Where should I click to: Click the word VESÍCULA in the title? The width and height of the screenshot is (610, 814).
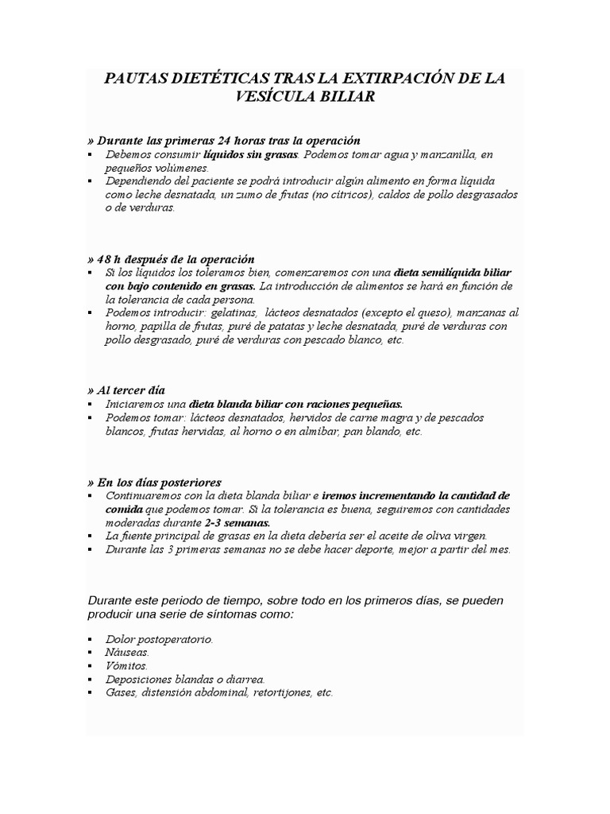[x=263, y=96]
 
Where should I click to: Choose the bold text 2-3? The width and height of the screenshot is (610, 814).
[x=216, y=522]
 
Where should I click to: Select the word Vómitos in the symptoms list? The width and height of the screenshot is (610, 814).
[x=126, y=665]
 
